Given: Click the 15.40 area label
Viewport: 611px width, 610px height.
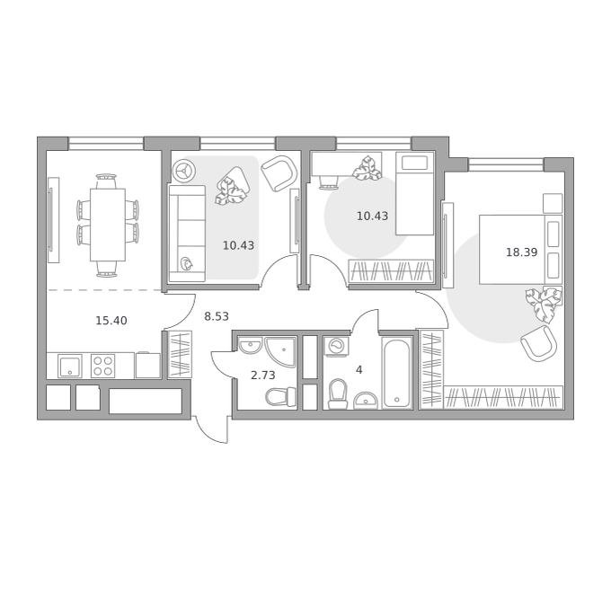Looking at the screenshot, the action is pyautogui.click(x=111, y=321).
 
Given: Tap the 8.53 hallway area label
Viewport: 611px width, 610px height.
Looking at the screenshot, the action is pyautogui.click(x=217, y=316).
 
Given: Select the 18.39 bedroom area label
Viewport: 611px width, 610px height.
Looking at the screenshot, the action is pyautogui.click(x=521, y=252).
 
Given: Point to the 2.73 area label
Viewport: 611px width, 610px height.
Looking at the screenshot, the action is pyautogui.click(x=262, y=376).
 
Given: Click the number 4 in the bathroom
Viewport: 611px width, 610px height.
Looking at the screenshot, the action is pyautogui.click(x=359, y=369).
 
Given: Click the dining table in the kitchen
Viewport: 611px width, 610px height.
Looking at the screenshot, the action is pyautogui.click(x=108, y=225).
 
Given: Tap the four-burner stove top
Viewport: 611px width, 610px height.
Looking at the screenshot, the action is pyautogui.click(x=102, y=366).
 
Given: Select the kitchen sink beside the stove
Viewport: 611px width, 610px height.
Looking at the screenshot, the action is pyautogui.click(x=70, y=367).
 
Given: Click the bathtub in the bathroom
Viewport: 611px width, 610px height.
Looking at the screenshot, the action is pyautogui.click(x=396, y=373).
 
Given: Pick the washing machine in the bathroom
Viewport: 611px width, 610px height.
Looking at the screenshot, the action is pyautogui.click(x=336, y=346).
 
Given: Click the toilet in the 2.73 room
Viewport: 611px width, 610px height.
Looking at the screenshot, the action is pyautogui.click(x=280, y=396).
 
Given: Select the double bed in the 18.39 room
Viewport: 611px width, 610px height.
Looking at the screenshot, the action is pyautogui.click(x=520, y=249).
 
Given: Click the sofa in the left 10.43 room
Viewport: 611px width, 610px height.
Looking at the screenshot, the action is pyautogui.click(x=187, y=234).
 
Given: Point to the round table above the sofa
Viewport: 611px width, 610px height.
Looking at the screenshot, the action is pyautogui.click(x=185, y=171).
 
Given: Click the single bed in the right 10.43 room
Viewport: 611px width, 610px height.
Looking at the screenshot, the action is pyautogui.click(x=414, y=193).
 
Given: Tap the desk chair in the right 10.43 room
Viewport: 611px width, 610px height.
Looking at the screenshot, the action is pyautogui.click(x=328, y=181).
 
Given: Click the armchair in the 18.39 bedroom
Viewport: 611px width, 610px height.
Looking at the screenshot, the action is pyautogui.click(x=539, y=343).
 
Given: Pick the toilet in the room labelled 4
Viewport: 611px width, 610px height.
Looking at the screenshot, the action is pyautogui.click(x=338, y=394).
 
